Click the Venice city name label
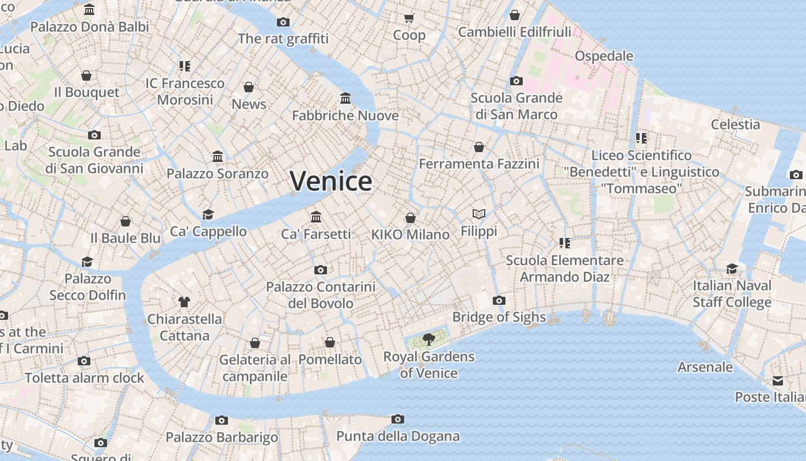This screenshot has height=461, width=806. (331, 182)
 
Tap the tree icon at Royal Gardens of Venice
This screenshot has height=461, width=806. (428, 339)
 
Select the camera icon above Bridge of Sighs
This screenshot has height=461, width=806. (499, 300)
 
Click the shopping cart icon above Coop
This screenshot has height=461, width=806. (409, 18)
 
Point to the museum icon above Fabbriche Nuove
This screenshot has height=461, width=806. (345, 99)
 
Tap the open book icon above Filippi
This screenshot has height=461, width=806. (479, 214)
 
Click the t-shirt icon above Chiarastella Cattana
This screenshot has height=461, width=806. (184, 301)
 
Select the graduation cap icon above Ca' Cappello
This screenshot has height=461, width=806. (208, 214)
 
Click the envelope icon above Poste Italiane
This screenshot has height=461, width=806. (778, 380)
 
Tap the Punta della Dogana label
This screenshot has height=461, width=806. (398, 436)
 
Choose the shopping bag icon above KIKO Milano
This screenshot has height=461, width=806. (410, 218)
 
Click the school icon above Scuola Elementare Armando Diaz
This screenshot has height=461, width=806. (564, 243)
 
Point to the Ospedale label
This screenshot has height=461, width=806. (604, 56)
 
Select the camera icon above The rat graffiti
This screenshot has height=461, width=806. (283, 22)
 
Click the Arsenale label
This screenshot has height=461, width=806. (705, 367)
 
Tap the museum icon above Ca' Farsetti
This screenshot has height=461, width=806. (316, 217)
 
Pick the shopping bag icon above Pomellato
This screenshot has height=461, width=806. (330, 343)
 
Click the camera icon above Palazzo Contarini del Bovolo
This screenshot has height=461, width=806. (321, 270)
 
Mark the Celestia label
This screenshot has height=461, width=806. (735, 124)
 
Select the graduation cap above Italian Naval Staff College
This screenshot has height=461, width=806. (732, 269)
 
